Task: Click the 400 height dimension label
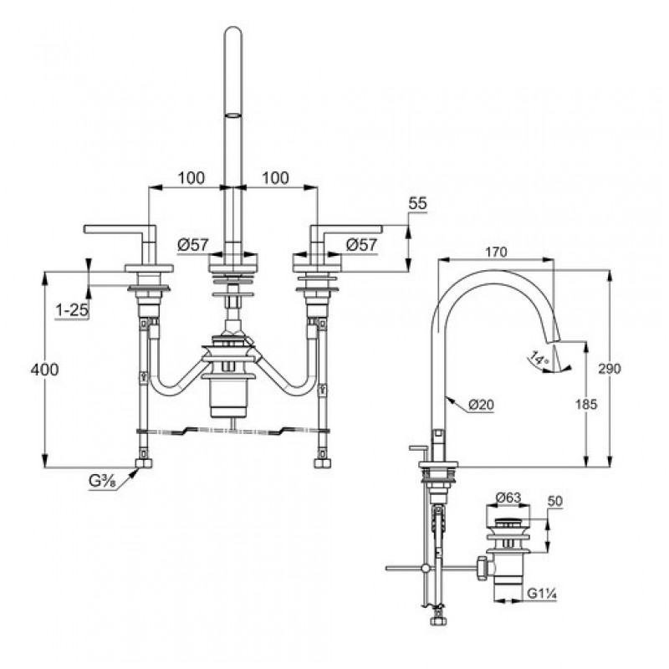point(44,370)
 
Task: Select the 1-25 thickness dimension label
point(72,310)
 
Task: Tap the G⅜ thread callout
point(102,482)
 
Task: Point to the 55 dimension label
point(417,203)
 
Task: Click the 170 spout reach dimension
point(496,253)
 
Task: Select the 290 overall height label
point(610,368)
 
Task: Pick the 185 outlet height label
point(586,404)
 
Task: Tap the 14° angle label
point(539,358)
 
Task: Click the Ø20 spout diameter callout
point(481,405)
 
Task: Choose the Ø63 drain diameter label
point(508,498)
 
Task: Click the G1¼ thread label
point(541,594)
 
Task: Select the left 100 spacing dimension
point(192,177)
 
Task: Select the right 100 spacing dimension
point(275,177)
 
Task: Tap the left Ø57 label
point(193,244)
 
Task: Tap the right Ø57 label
point(361,244)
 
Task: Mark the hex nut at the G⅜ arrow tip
point(143,463)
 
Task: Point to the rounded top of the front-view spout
point(233,28)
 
